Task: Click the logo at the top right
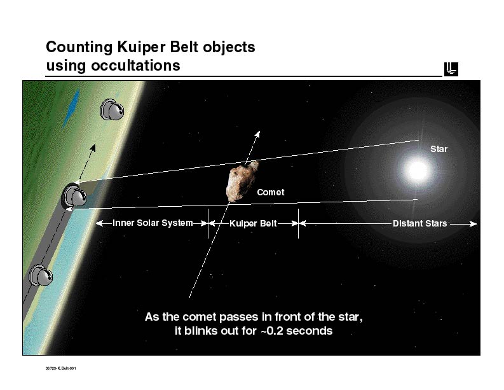[451, 69]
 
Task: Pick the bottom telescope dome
[42, 276]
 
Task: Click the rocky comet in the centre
[242, 181]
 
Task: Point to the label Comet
[270, 192]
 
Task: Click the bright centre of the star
[418, 170]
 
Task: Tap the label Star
[439, 149]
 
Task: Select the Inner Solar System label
[153, 223]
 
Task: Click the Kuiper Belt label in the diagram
[253, 224]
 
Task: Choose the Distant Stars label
[419, 224]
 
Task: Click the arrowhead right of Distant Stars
[473, 224]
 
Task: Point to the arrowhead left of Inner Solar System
[99, 223]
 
